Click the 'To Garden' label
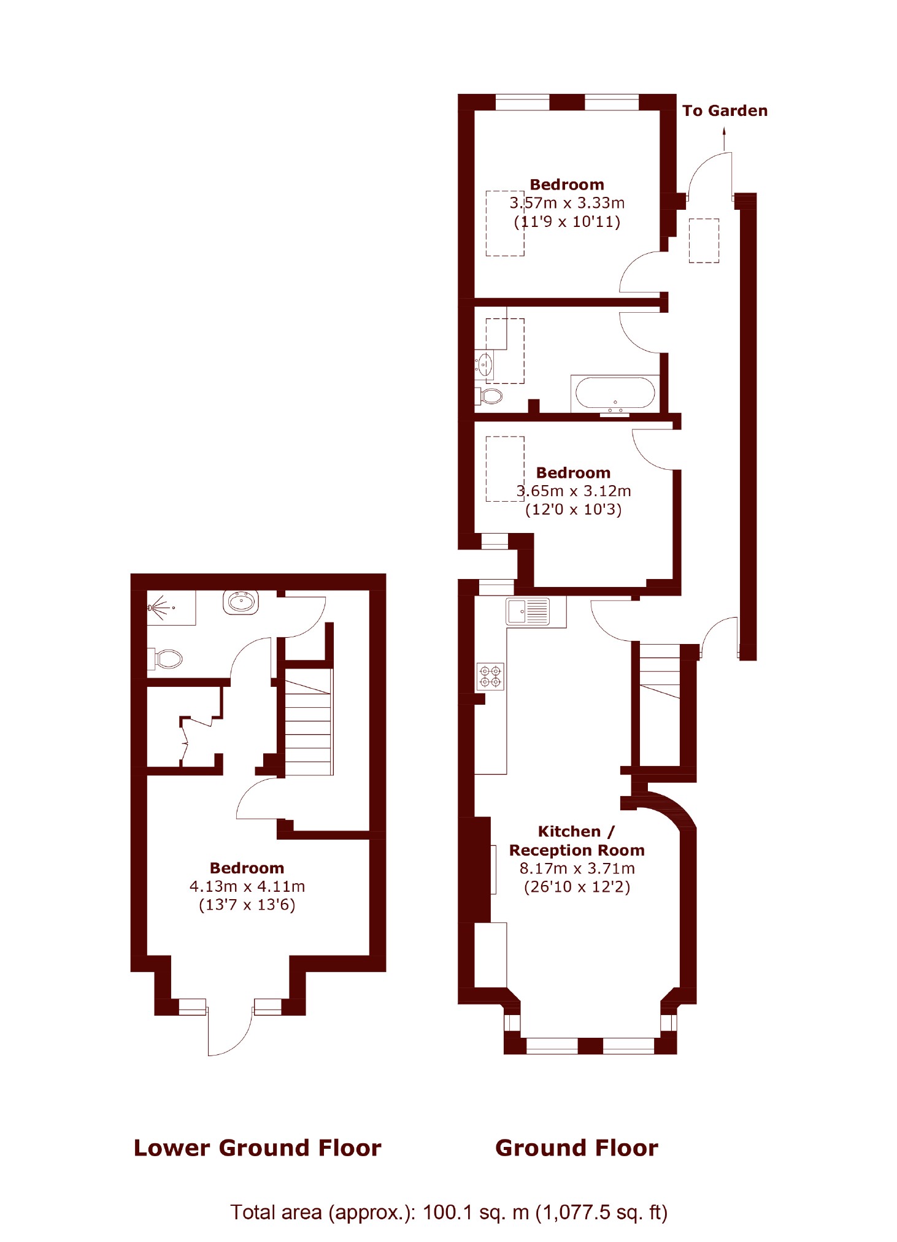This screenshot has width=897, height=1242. pos(725,111)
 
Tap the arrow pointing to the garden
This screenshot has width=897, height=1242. pos(724,139)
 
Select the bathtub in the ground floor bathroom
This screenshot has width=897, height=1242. pos(615,393)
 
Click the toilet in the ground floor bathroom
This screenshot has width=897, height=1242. pos(488,396)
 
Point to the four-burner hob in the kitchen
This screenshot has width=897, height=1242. pos(490,677)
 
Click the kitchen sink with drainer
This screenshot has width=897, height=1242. pos(528,611)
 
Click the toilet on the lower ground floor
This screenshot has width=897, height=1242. pos(166,659)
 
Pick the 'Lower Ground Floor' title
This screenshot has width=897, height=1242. pos(258,1148)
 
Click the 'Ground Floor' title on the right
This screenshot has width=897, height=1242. pos(577,1148)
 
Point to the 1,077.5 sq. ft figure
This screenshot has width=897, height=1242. pos(601,1213)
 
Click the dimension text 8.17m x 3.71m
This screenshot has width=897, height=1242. pos(577,868)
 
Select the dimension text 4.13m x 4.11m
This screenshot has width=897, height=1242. pos(247,886)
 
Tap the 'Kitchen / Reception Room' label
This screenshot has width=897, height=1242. pos(577,841)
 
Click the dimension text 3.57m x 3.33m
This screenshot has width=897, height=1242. pos(568,203)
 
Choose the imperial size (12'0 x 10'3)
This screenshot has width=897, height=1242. pos(574,509)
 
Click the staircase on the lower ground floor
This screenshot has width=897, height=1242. pos(309,722)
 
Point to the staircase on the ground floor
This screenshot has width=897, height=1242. pos(660,672)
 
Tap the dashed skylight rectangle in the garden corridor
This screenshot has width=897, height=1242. pos(704,240)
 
